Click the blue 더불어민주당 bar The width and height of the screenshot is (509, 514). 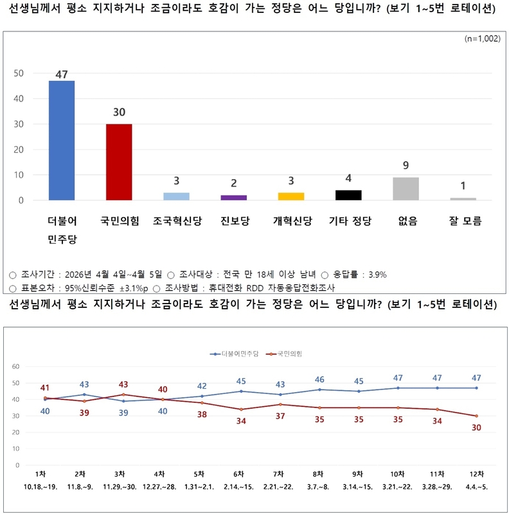tap(62, 140)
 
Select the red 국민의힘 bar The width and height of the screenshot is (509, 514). tap(119, 162)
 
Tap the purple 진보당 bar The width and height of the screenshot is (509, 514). tap(233, 198)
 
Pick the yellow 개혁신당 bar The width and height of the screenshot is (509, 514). tap(291, 196)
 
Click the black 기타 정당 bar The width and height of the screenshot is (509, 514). tap(348, 195)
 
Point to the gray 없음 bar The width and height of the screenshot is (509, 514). tap(406, 189)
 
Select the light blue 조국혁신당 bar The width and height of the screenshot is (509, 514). tap(176, 196)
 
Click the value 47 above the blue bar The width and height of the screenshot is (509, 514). tap(62, 74)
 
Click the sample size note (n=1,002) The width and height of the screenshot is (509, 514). tap(482, 39)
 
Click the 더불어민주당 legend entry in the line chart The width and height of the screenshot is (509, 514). tap(235, 354)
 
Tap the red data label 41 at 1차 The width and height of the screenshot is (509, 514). tap(44, 388)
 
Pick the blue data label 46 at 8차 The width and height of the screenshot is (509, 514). tap(319, 379)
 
